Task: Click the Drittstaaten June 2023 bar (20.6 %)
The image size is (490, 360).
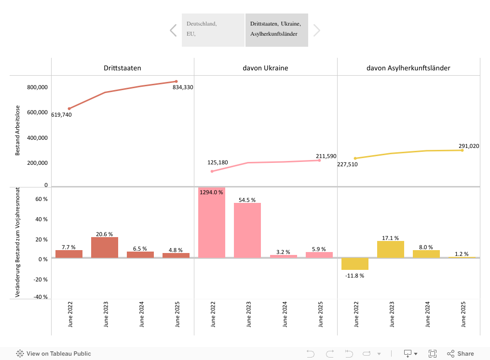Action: [x=105, y=247]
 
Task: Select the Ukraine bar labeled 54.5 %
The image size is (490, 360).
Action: [x=247, y=230]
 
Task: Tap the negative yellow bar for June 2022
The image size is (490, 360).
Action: [x=355, y=264]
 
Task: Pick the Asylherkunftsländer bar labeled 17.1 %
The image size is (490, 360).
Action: [x=391, y=249]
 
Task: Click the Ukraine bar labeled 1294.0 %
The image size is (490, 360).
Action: [x=212, y=222]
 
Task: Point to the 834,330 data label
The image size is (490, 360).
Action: [x=183, y=87]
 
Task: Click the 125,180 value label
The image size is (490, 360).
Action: [x=218, y=162]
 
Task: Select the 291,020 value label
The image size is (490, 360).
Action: [x=469, y=146]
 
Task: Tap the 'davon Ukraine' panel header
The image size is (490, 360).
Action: [x=265, y=68]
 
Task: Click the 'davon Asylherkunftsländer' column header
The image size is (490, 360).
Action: [x=408, y=68]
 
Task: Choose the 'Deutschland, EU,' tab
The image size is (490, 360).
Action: [x=213, y=30]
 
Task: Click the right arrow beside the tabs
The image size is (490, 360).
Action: [x=316, y=30]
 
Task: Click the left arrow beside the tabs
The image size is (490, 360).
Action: [x=173, y=30]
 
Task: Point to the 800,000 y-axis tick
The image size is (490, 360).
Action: [x=37, y=87]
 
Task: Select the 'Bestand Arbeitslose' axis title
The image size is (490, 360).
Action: [x=18, y=130]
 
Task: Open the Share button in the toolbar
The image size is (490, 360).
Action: [x=461, y=354]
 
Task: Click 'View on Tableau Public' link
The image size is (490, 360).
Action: [x=54, y=354]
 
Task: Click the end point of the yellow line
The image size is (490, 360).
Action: [x=462, y=150]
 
